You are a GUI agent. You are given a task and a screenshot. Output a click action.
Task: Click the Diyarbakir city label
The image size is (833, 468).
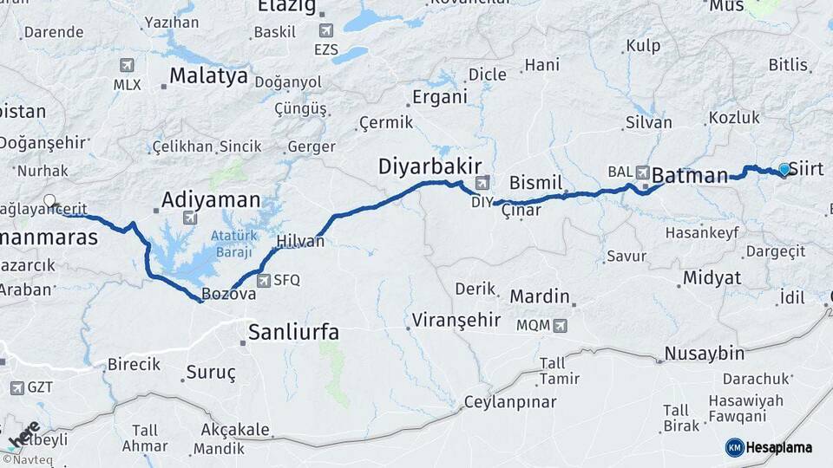coord(423,166)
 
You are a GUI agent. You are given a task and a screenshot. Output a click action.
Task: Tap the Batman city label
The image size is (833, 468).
coord(690,176)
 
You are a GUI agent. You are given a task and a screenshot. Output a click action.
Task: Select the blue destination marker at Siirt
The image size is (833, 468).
coord(784,169)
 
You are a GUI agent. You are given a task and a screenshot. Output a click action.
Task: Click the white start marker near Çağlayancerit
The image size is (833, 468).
coord(49,201)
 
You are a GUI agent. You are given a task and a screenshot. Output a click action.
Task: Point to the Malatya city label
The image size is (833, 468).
coord(208,76)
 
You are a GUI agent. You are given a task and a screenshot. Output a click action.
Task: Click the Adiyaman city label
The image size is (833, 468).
coord(211,200)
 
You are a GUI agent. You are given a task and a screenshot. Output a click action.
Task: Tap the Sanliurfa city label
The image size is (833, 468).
coord(293,332)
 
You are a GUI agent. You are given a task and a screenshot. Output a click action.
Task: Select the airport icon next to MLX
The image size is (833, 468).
coord(128,66)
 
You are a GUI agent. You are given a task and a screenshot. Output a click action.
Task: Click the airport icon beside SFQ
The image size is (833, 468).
coord(264,280)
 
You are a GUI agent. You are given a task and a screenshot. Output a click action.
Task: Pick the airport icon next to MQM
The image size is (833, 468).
coord(560,326)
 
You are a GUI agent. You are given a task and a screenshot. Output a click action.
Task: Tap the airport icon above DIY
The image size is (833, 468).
coord(482,183)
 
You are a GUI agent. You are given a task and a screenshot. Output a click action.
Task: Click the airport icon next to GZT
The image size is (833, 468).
coord(17,387)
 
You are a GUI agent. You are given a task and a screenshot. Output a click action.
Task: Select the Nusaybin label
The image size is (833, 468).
coord(705,354)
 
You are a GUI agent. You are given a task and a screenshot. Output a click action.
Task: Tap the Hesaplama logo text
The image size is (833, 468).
coord(779,447)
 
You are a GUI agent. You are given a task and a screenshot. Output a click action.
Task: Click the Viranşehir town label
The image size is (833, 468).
coord(457,320)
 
